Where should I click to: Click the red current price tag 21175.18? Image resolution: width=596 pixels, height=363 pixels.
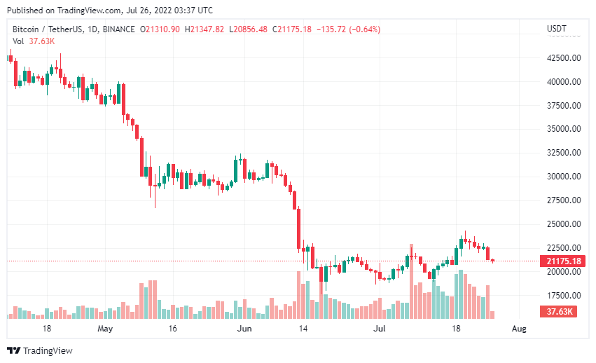point(560,261)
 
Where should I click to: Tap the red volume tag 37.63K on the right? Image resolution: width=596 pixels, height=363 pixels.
point(560,312)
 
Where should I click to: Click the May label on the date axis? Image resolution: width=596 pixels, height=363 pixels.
point(105,328)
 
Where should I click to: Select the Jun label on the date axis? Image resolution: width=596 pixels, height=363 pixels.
point(244,328)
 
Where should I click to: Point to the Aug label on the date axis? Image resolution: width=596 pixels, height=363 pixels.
point(519,328)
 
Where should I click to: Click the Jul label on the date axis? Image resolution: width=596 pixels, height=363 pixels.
point(379,328)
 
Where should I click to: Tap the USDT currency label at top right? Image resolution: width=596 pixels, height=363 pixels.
point(556,29)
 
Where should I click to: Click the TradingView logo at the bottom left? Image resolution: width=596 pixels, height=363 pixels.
point(40,350)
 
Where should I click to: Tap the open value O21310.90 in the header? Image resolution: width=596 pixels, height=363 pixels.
point(160,29)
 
